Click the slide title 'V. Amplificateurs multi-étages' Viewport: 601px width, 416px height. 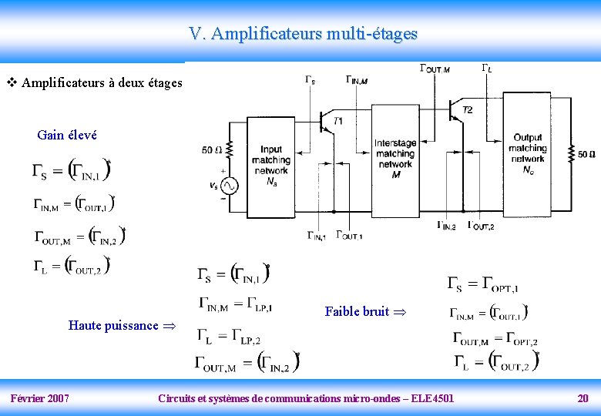[x=303, y=34]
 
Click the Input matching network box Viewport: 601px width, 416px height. [x=270, y=166]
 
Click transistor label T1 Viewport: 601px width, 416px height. [x=339, y=121]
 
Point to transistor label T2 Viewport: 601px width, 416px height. [x=468, y=110]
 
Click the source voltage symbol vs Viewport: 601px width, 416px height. [x=213, y=185]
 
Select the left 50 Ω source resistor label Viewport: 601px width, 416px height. [x=210, y=149]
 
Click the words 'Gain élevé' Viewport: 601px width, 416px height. [x=67, y=135]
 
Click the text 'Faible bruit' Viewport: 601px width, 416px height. [x=357, y=311]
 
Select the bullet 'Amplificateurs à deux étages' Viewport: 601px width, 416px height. [x=102, y=82]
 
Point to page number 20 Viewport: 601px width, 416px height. [x=583, y=398]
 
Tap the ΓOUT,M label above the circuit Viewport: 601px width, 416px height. [x=434, y=69]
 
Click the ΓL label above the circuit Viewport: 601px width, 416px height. [x=487, y=68]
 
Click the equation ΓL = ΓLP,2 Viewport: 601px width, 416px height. [x=230, y=336]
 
